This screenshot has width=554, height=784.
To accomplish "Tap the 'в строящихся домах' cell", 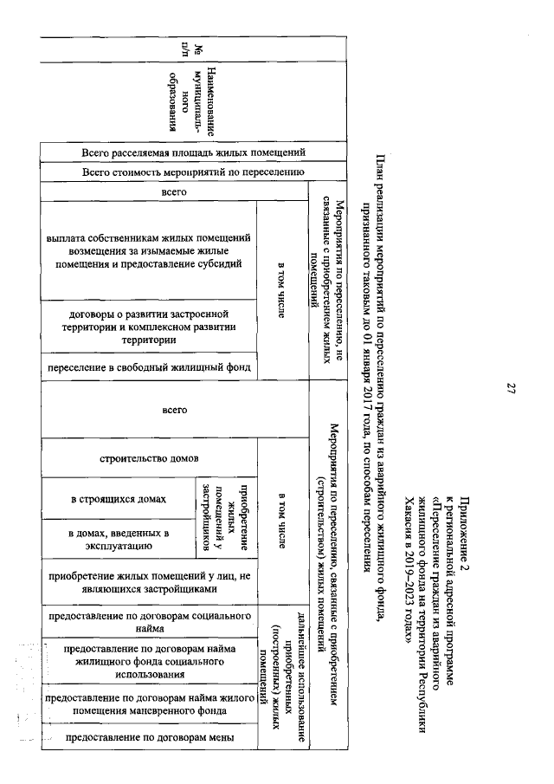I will click(x=119, y=499).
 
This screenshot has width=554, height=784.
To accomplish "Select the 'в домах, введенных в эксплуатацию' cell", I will click(x=119, y=539).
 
